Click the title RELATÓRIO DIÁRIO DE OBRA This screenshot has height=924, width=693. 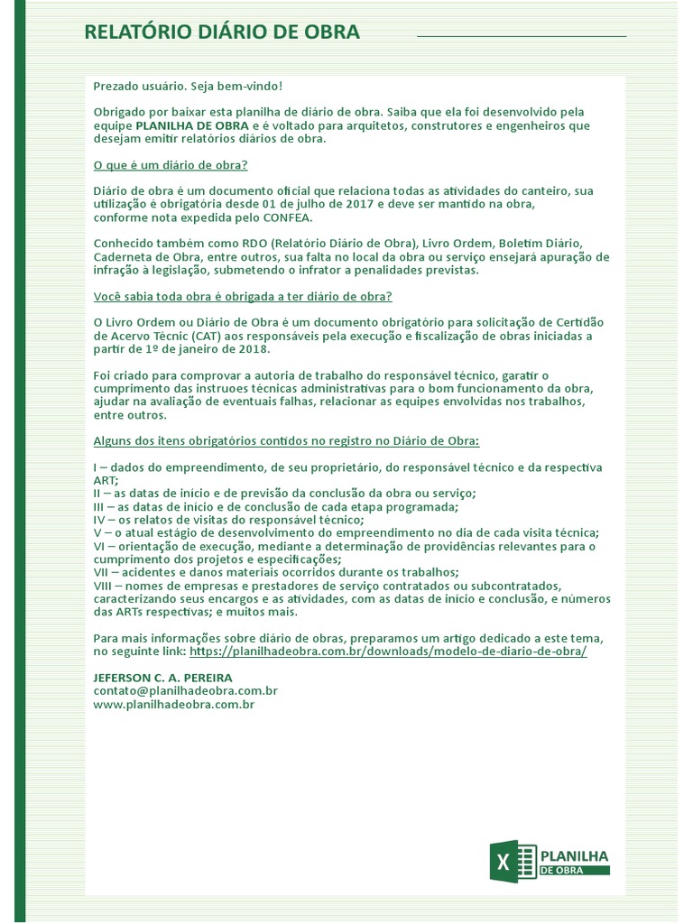coord(222,32)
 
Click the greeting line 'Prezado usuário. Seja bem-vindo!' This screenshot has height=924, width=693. coord(188,86)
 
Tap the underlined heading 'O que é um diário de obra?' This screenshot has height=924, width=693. coord(171,165)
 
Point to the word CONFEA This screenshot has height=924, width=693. coord(288,217)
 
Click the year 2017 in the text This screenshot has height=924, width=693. coord(360,204)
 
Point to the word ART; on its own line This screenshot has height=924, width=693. coord(106,480)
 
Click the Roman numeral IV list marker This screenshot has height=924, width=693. coord(100,520)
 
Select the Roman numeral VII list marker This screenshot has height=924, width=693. coord(102,572)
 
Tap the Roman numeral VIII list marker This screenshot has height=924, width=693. coord(104,586)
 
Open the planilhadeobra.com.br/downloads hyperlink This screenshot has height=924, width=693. coord(388,651)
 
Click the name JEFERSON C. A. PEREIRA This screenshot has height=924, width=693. coord(162,677)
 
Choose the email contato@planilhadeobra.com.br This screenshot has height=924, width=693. coord(185,690)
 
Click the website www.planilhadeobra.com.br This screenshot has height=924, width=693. coord(174,704)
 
